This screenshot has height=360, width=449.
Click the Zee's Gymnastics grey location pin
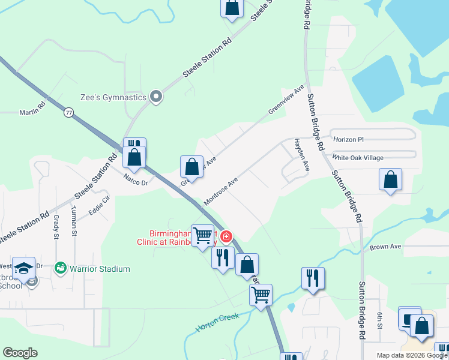coord(157,97)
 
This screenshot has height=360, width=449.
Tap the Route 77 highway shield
coord(69,112)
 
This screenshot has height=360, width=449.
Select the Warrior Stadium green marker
coord(60,267)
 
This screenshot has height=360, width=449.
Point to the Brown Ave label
coord(385,247)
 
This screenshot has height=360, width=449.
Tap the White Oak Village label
coord(358,158)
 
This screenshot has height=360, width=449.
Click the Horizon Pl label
coord(349,139)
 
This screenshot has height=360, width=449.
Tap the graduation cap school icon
coord(25,268)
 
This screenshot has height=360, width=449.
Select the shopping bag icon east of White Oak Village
coord(390,179)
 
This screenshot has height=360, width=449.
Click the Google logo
coord(20,353)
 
